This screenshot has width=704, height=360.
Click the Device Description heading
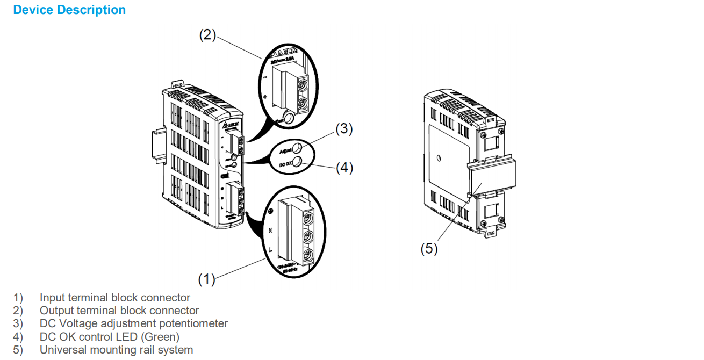tap(69, 10)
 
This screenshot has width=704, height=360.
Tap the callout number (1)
tap(206, 279)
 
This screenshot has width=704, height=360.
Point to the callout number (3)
tap(344, 129)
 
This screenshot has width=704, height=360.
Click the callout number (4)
tap(344, 168)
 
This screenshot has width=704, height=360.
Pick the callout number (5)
tap(429, 250)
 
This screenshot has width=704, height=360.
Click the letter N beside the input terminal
tap(270, 230)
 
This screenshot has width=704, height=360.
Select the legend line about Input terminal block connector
tap(114, 298)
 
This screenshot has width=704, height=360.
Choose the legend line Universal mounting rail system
tap(116, 350)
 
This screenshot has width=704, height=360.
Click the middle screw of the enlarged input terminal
tap(309, 237)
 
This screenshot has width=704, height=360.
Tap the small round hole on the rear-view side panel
tap(440, 159)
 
